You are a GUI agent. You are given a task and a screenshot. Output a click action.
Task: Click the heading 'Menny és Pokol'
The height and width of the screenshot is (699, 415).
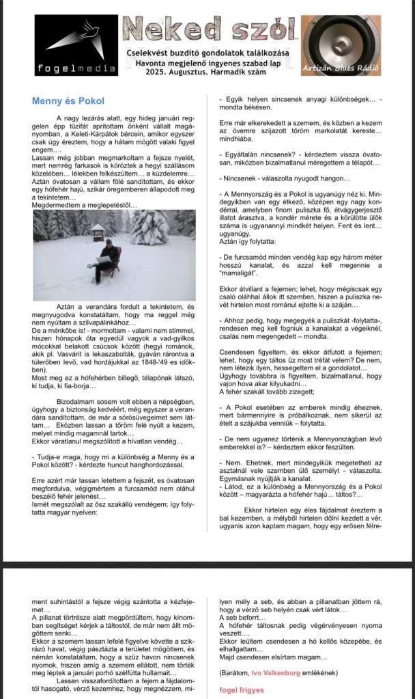(x=68, y=101)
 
